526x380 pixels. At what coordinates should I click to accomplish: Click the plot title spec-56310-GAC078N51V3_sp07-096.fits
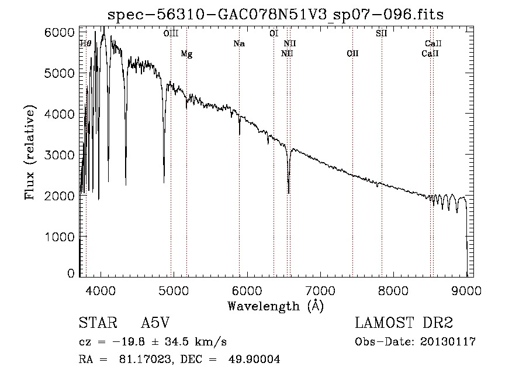(275, 15)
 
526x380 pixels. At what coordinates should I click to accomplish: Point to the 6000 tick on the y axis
(59, 33)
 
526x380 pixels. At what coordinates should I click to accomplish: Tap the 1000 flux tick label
(59, 237)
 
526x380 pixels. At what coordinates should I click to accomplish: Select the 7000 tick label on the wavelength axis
(320, 291)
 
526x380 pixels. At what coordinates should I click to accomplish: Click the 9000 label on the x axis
(466, 291)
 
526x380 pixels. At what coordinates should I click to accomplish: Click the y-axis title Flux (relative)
(30, 153)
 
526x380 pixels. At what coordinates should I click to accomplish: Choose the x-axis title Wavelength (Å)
(276, 306)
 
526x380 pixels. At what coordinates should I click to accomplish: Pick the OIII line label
(171, 33)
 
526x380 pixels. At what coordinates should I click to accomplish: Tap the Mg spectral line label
(186, 54)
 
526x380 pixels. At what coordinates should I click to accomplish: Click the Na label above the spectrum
(239, 43)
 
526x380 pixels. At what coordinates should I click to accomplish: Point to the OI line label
(274, 33)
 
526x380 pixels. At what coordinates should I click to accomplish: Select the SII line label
(382, 33)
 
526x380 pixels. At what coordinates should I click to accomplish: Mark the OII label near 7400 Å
(352, 53)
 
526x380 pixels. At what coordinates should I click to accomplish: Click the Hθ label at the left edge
(85, 43)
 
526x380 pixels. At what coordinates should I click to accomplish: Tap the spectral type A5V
(155, 323)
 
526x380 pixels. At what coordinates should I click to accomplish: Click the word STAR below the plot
(98, 323)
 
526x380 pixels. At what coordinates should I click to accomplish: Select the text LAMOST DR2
(404, 323)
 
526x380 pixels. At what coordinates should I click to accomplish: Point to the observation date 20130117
(448, 342)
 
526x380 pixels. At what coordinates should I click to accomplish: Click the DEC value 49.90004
(254, 359)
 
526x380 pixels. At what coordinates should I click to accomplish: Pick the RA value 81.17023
(145, 359)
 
